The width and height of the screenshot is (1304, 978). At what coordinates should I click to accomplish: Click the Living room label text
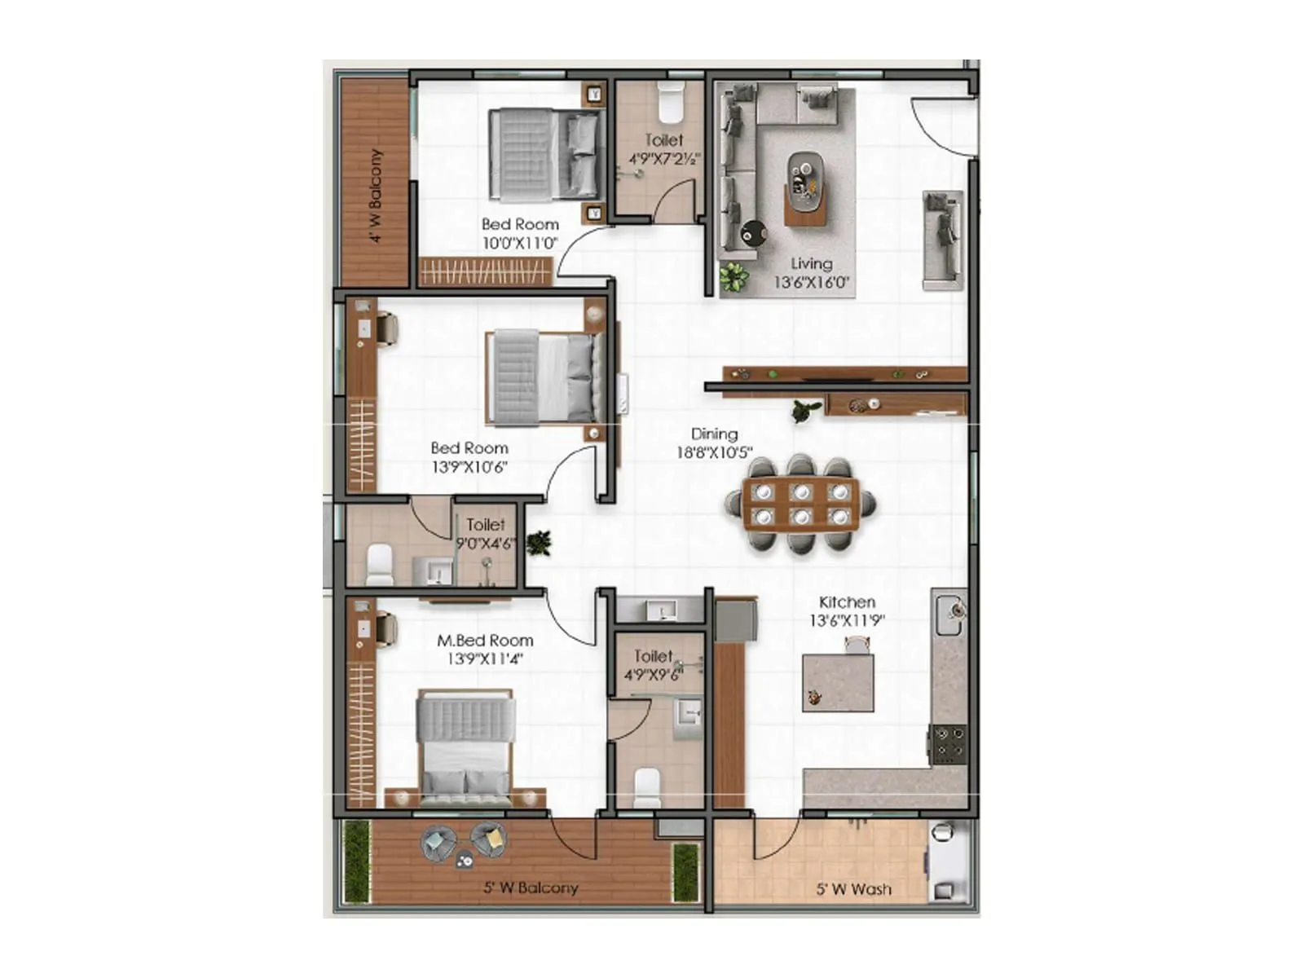tap(811, 263)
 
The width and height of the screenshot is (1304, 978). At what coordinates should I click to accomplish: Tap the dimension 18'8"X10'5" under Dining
tap(714, 452)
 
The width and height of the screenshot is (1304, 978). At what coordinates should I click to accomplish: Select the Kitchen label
tap(847, 602)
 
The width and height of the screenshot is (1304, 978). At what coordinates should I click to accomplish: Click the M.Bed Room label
tap(485, 641)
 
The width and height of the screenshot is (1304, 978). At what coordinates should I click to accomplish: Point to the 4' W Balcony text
tap(375, 196)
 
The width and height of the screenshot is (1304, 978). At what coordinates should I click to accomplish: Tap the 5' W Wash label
tap(853, 889)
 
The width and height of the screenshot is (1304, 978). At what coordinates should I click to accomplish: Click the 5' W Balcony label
tap(531, 888)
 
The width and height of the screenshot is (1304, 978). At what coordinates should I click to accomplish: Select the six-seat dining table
tap(801, 504)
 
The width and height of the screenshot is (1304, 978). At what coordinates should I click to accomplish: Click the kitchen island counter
tap(838, 682)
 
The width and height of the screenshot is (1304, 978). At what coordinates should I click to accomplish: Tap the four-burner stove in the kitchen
tap(949, 743)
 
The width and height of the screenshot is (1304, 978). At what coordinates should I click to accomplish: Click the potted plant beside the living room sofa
tap(733, 277)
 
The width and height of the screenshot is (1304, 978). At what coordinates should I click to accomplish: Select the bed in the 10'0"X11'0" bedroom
tap(546, 155)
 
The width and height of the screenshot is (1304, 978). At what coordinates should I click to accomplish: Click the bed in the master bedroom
tap(465, 742)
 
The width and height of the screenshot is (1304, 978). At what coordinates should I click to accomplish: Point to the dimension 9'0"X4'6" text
tap(485, 544)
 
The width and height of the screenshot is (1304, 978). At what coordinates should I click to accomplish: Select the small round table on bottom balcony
tap(465, 857)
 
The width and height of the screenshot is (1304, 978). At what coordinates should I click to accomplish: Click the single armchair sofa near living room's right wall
tap(942, 240)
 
